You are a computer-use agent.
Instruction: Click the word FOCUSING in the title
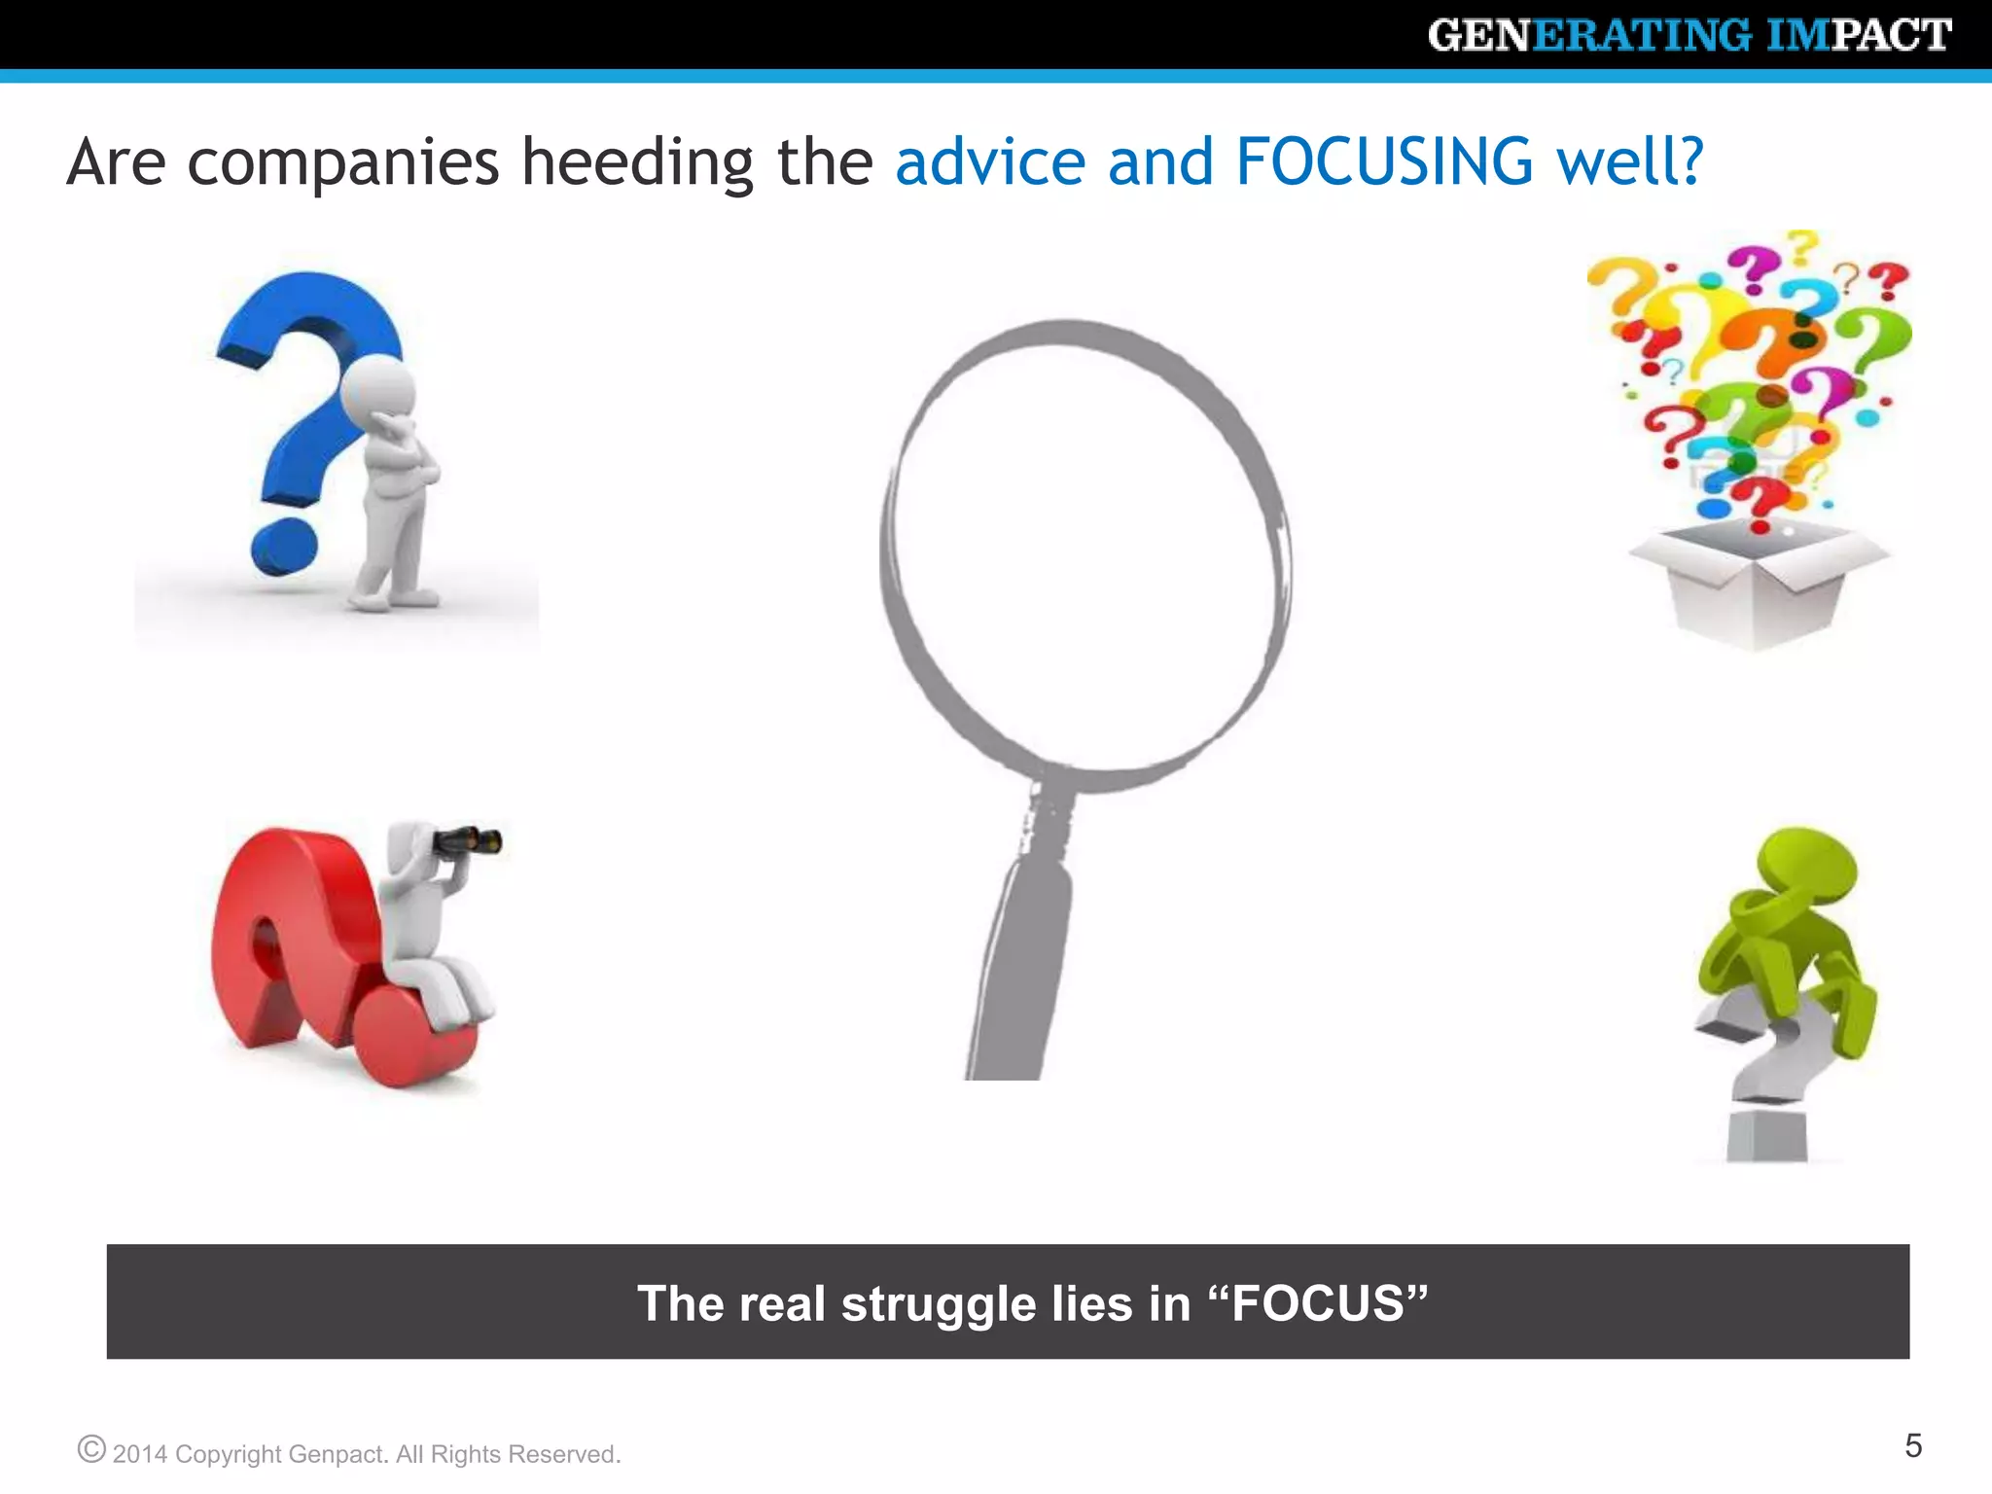point(1384,161)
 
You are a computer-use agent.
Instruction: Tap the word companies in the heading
point(342,163)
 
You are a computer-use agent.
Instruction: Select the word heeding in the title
point(637,163)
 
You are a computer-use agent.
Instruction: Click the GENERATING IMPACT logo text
point(1689,36)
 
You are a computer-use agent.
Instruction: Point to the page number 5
point(1912,1445)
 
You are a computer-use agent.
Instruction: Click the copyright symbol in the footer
point(91,1449)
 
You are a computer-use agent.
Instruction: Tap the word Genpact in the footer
point(338,1454)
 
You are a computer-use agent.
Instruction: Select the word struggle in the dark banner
point(938,1305)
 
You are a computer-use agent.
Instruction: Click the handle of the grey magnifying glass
point(1021,953)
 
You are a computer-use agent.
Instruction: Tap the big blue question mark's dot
point(283,547)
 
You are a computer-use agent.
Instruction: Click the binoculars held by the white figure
point(468,839)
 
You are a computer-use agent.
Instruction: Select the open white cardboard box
point(1758,584)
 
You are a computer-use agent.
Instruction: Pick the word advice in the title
point(989,161)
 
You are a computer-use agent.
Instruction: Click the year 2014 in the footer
point(140,1454)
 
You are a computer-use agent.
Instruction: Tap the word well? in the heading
point(1630,161)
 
